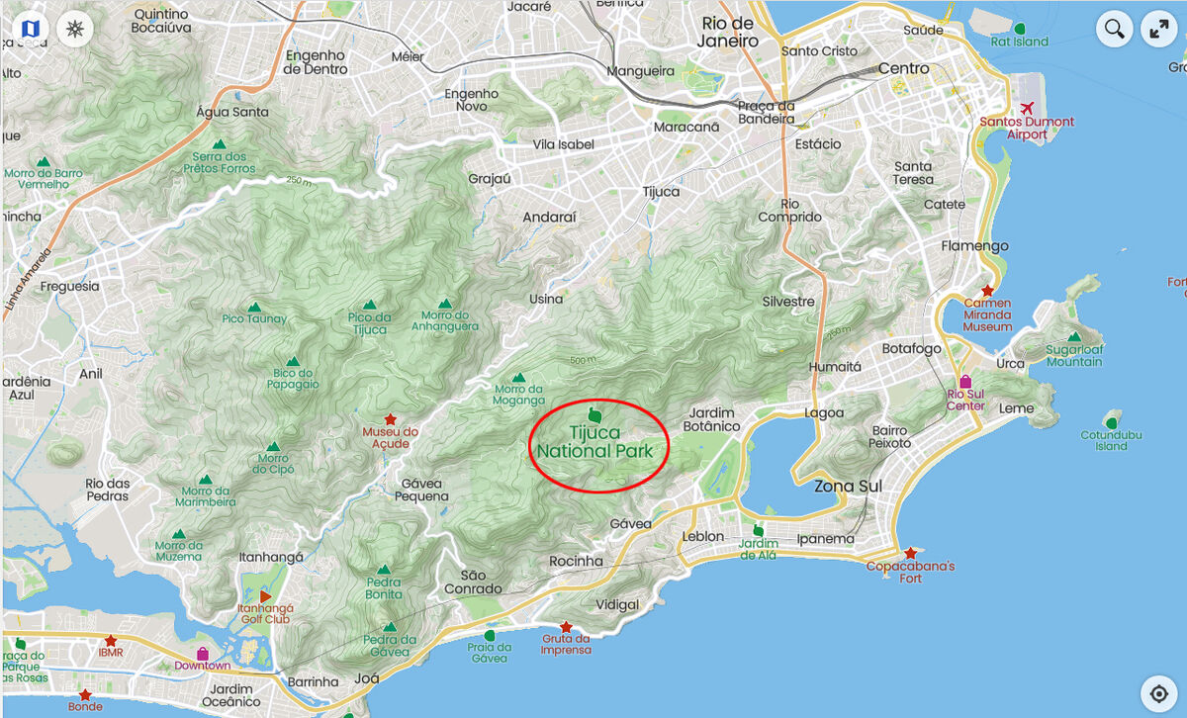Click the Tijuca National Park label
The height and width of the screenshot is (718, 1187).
click(594, 442)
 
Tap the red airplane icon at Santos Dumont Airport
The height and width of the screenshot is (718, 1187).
click(1026, 107)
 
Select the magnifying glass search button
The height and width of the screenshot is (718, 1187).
click(1114, 29)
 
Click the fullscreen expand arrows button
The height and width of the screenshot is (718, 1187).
click(1159, 29)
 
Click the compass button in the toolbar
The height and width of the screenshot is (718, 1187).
click(74, 28)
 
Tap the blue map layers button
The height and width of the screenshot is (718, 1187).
click(30, 28)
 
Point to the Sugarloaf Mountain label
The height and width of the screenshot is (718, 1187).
click(1074, 355)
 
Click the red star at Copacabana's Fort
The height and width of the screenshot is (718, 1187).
click(910, 553)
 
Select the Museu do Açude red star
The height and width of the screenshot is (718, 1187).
click(390, 419)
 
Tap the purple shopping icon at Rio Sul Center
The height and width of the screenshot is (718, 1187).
click(964, 382)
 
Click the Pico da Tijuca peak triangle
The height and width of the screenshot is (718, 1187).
click(369, 305)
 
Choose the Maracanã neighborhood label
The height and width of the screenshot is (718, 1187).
click(685, 127)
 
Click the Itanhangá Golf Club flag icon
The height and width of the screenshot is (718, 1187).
click(265, 595)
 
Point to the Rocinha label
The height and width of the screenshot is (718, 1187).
click(576, 561)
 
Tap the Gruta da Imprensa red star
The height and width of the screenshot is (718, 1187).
click(566, 627)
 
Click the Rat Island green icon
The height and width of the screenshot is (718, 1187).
click(1020, 28)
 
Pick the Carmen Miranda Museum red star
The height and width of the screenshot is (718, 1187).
click(986, 290)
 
